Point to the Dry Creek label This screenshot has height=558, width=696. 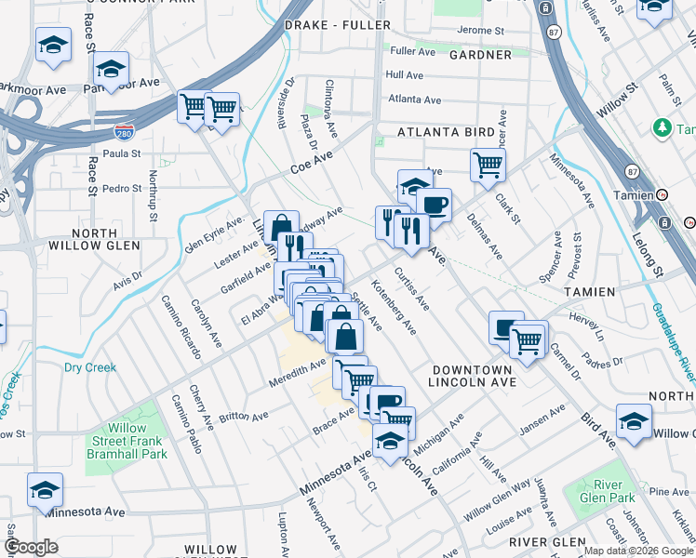point(90,367)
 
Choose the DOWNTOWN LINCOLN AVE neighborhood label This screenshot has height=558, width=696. point(472,376)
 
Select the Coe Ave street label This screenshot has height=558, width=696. point(311,166)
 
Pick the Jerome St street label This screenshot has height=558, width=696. point(480,31)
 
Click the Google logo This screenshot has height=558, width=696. point(31,547)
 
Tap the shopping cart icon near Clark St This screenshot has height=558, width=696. point(488,166)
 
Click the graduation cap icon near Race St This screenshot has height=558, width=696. point(111,69)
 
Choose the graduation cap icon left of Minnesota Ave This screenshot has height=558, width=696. point(45,489)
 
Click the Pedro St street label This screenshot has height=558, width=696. point(122,188)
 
